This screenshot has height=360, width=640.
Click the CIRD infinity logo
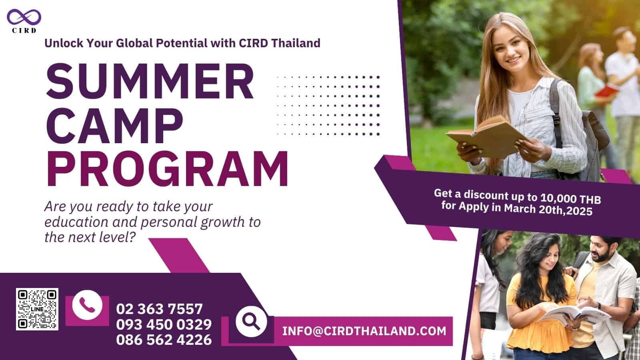click(24, 17)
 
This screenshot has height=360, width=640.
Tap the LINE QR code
click(37, 309)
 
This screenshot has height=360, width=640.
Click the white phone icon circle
click(87, 305)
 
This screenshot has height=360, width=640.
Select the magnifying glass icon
click(251, 322)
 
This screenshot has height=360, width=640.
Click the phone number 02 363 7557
click(160, 309)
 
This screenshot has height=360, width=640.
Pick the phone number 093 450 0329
click(164, 324)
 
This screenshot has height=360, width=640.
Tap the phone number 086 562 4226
click(164, 340)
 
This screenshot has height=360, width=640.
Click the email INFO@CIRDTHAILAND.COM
click(364, 331)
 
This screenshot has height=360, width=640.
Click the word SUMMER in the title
click(150, 81)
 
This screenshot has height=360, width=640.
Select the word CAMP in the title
click(114, 125)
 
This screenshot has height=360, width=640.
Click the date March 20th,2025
click(548, 210)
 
